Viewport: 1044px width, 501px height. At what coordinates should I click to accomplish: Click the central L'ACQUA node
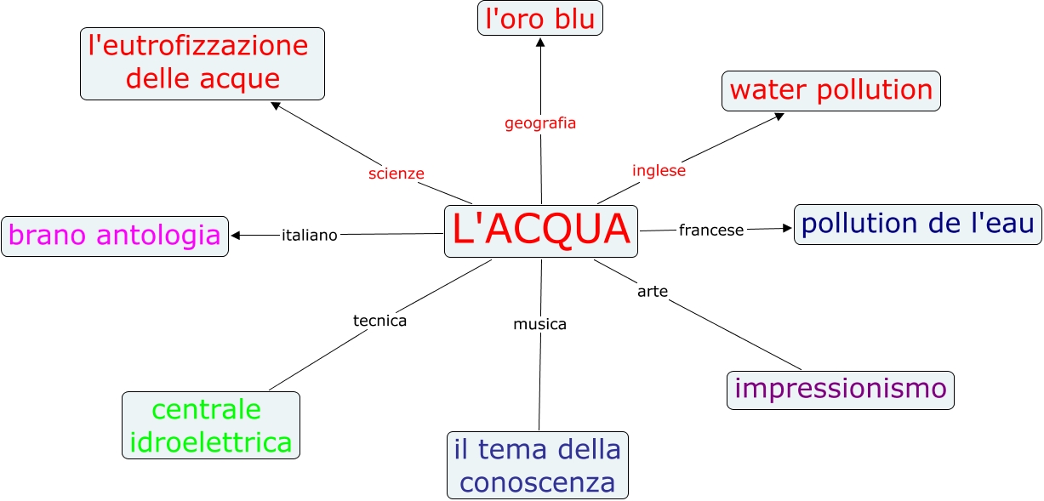(x=541, y=231)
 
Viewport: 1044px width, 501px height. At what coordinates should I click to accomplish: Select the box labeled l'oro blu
(x=540, y=19)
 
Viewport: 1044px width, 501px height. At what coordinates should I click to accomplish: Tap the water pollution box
(x=830, y=90)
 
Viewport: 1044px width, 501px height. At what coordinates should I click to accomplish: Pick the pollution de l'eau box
(x=917, y=225)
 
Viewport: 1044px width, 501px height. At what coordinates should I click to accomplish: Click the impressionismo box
(x=841, y=390)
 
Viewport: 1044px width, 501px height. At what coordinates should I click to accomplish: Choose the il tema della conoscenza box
(x=538, y=465)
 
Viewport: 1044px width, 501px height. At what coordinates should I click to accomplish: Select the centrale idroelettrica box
(x=211, y=425)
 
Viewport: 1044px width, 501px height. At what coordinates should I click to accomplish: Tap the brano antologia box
(x=115, y=236)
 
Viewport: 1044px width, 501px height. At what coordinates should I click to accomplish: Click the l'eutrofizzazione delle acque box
(x=203, y=63)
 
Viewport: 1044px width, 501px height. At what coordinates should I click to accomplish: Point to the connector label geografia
(x=540, y=123)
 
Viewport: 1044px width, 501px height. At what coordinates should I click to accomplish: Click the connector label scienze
(x=396, y=174)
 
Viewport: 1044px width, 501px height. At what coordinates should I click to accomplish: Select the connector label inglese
(x=659, y=170)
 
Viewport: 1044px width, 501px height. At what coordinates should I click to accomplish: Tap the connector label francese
(x=711, y=230)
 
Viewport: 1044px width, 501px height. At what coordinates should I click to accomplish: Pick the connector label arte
(x=653, y=292)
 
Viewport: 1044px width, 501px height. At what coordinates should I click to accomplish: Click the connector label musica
(x=539, y=324)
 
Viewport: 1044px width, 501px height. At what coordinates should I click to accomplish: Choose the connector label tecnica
(x=379, y=321)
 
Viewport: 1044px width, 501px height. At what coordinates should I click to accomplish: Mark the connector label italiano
(x=310, y=235)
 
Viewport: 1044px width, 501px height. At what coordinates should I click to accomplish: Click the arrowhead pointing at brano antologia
(x=236, y=236)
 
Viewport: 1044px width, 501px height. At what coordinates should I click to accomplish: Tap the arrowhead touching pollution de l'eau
(x=787, y=227)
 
